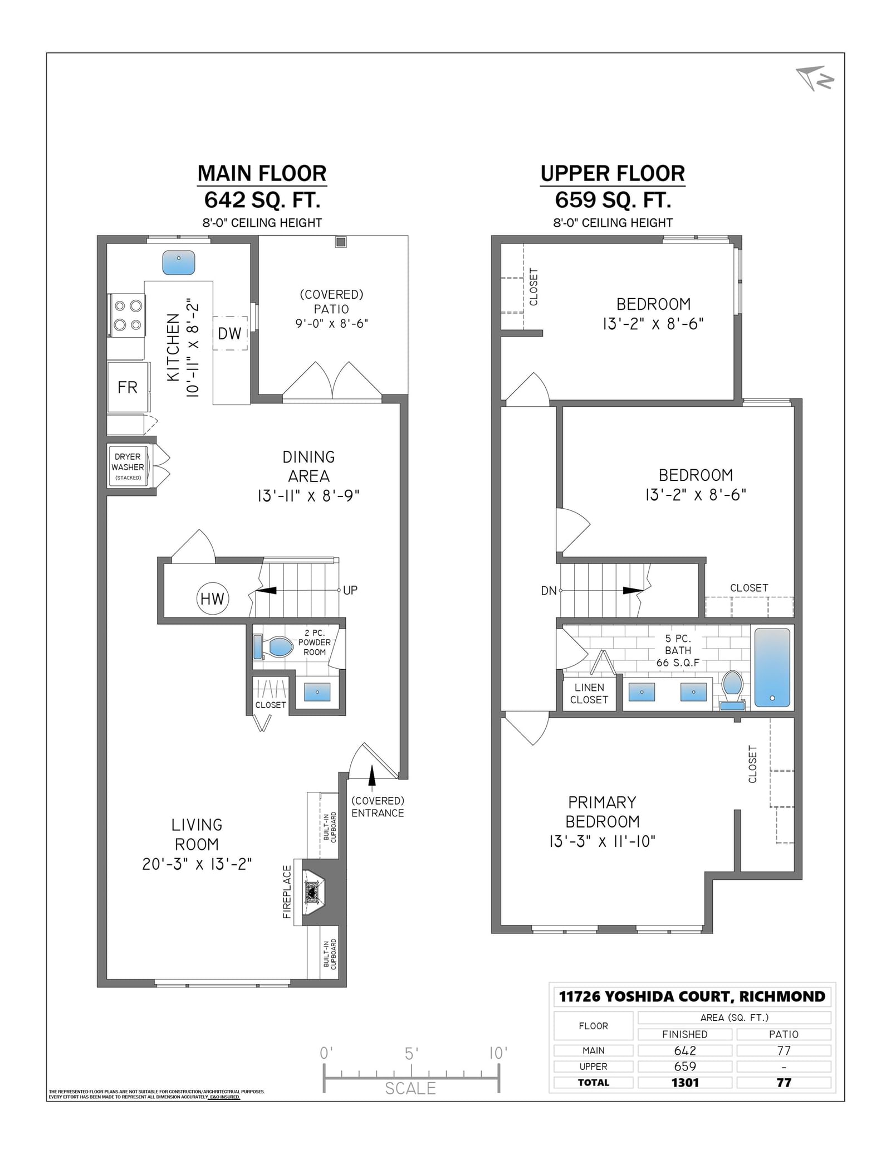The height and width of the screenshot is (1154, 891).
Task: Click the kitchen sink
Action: tap(178, 262)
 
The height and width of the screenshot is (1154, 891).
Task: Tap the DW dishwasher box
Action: tap(230, 333)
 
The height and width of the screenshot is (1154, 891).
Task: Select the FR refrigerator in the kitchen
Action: tap(128, 387)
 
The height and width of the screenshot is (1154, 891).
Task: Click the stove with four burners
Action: tap(127, 315)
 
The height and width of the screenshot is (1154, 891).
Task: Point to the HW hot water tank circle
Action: tap(212, 598)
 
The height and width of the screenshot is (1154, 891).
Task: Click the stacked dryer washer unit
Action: tap(128, 466)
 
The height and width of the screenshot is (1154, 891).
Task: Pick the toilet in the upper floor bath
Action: tap(732, 690)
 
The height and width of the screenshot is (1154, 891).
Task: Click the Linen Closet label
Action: tap(589, 694)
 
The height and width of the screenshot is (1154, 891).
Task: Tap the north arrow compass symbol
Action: tap(815, 78)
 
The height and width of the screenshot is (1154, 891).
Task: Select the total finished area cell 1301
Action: tap(685, 1082)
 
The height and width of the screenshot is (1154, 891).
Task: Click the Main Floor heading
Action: tap(262, 173)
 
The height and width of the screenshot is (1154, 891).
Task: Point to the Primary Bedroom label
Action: tap(602, 812)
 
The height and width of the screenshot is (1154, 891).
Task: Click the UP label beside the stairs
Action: tap(350, 590)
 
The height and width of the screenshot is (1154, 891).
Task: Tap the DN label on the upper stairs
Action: tap(549, 591)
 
